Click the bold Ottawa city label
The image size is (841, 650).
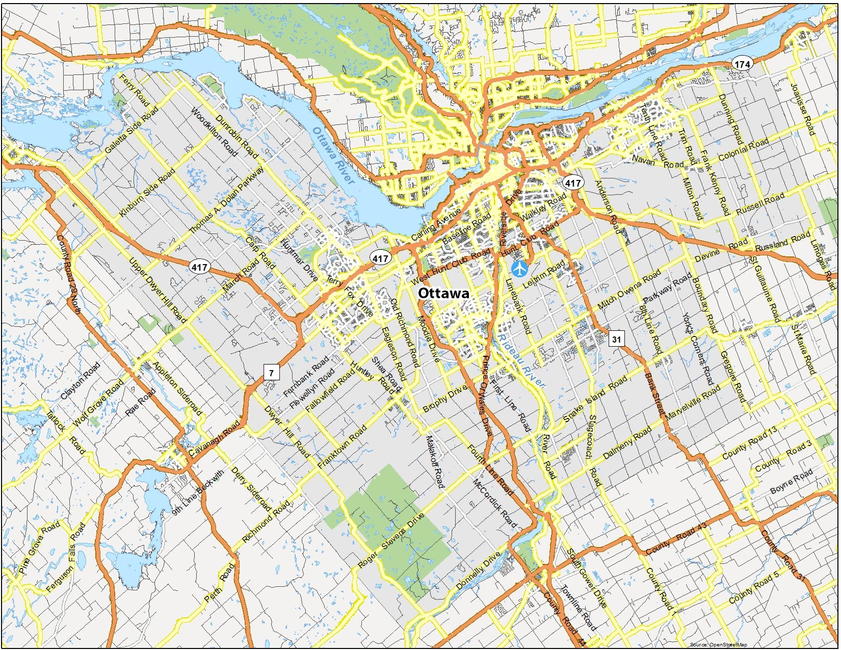(x=443, y=294)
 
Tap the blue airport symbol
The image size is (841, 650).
(x=519, y=268)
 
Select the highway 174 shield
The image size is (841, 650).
(x=742, y=64)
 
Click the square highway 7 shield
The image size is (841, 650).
(x=271, y=373)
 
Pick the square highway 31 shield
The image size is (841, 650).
(x=617, y=339)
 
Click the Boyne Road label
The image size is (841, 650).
(x=791, y=481)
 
